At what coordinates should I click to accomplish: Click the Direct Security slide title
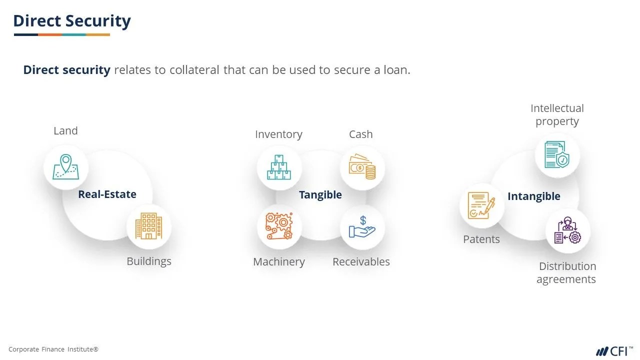coord(72,21)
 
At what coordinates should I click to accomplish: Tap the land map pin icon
coord(65,167)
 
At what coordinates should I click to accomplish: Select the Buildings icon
coord(148,226)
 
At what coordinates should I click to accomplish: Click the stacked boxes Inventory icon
coord(279,167)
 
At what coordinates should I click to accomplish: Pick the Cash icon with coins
coord(362,167)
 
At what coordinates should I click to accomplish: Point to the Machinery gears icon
coord(279,226)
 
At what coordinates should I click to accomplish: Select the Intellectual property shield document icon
coord(557,155)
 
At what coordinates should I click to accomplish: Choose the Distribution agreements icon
coord(567,230)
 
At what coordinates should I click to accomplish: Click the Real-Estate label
coord(107,194)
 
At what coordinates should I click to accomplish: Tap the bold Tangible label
coord(320,195)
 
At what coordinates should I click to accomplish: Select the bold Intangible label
coord(534,196)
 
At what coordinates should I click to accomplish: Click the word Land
coord(65,131)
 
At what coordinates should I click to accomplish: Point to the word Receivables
coord(361,262)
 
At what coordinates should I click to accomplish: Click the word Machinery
coord(279,262)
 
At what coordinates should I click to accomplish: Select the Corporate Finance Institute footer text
coord(53,349)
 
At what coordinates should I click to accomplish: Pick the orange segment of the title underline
coord(50,34)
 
